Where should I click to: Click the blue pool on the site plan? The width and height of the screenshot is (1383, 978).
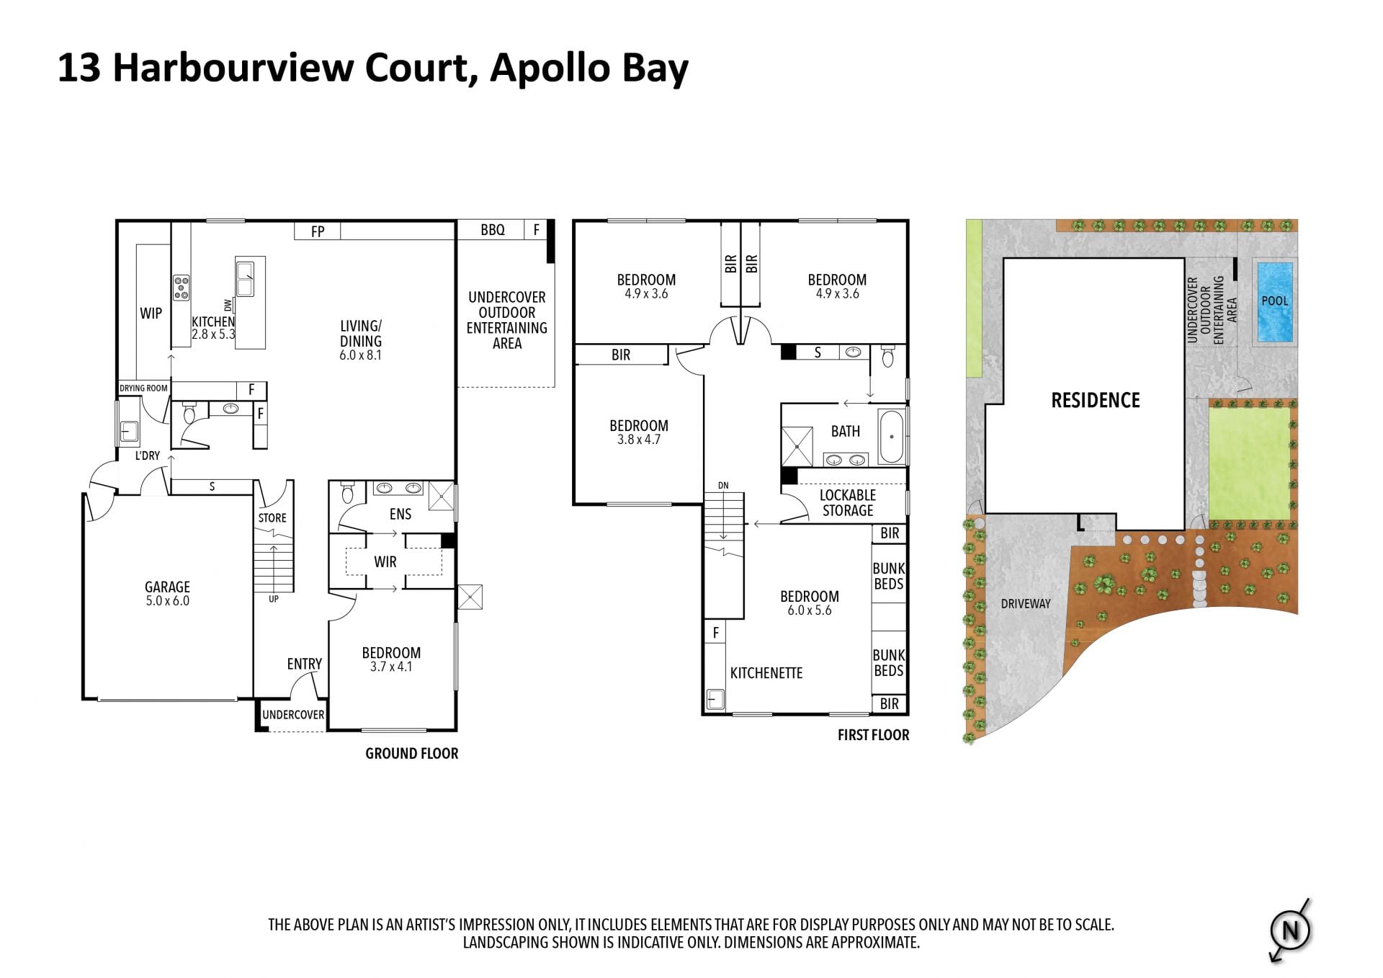[1274, 302]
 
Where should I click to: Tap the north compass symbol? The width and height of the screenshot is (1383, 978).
[1290, 931]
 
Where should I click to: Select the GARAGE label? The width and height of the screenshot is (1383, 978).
[167, 587]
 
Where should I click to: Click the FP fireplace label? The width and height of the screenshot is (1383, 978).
[318, 231]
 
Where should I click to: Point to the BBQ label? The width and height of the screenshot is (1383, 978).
[493, 230]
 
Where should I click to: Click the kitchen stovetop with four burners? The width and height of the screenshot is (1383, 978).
[181, 287]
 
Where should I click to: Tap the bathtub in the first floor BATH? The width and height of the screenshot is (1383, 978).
[891, 436]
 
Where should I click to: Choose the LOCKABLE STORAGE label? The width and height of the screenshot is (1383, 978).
[848, 503]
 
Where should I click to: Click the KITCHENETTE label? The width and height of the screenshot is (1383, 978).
[766, 673]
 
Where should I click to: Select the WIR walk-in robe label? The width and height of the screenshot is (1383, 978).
[385, 561]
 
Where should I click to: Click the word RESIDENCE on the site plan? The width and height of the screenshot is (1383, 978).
[1096, 401]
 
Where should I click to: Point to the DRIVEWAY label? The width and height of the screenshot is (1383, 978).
[1026, 604]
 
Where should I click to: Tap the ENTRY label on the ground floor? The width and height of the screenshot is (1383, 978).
[305, 664]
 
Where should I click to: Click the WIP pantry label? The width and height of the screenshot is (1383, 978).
[151, 314]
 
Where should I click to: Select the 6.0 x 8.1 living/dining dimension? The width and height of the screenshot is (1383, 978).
[361, 355]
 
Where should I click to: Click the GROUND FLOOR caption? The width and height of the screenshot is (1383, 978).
[412, 754]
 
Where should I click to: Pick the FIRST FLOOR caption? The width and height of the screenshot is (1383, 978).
[874, 735]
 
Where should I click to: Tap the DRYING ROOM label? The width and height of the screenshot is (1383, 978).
[143, 388]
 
